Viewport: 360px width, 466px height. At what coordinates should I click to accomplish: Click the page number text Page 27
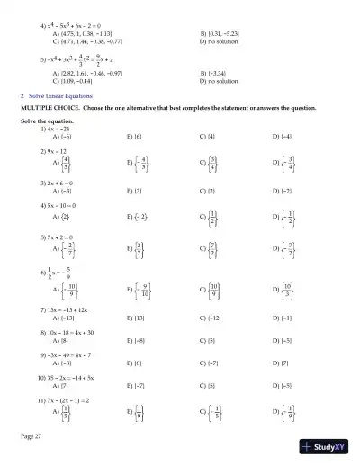30,435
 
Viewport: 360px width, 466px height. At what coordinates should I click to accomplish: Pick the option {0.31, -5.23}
221,33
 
